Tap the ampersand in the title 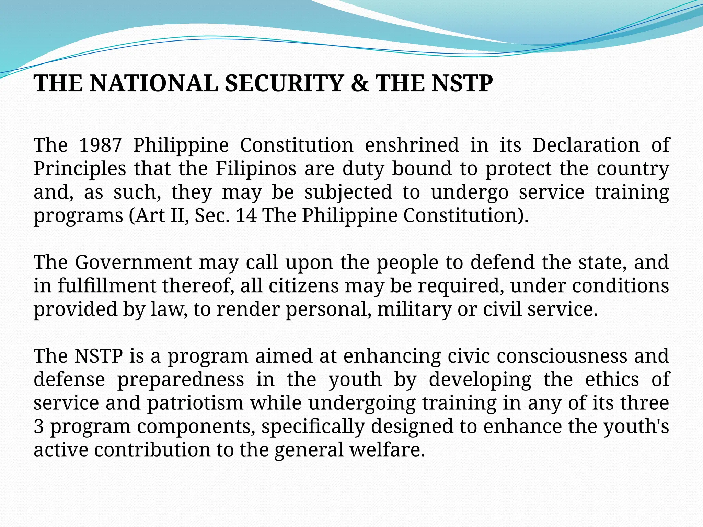pos(359,83)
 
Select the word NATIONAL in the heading pos(153,83)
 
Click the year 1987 pos(100,145)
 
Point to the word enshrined pos(412,145)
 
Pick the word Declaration pos(586,145)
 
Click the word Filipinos pos(256,169)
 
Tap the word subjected pos(348,192)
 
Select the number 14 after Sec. pos(246,216)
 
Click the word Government pos(133,262)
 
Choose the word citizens pos(304,286)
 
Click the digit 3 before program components pos(38,427)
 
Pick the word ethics pos(612,380)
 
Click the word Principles pos(80,169)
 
